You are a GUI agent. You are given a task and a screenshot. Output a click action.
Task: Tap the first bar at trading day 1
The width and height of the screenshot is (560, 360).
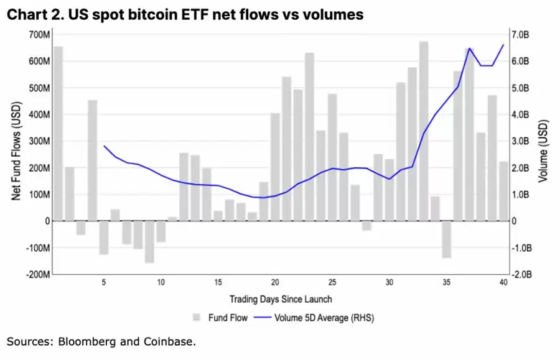pyautogui.click(x=58, y=134)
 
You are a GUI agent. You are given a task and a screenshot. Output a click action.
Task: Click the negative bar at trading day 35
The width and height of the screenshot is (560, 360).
pyautogui.click(x=446, y=239)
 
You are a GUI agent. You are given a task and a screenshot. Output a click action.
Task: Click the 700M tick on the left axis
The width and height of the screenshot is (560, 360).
pyautogui.click(x=38, y=34)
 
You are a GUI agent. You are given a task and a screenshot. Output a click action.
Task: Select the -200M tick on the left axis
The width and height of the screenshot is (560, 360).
pyautogui.click(x=37, y=274)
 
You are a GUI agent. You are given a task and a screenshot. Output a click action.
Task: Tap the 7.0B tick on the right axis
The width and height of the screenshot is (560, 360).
pyautogui.click(x=520, y=34)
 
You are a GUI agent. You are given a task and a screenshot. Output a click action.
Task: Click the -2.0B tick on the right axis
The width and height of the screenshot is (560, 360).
pyautogui.click(x=521, y=274)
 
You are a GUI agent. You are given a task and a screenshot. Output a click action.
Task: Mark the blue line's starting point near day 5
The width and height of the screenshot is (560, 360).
pyautogui.click(x=104, y=145)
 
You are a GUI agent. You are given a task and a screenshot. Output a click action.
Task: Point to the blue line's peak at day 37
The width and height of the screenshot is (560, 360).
pyautogui.click(x=469, y=48)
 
